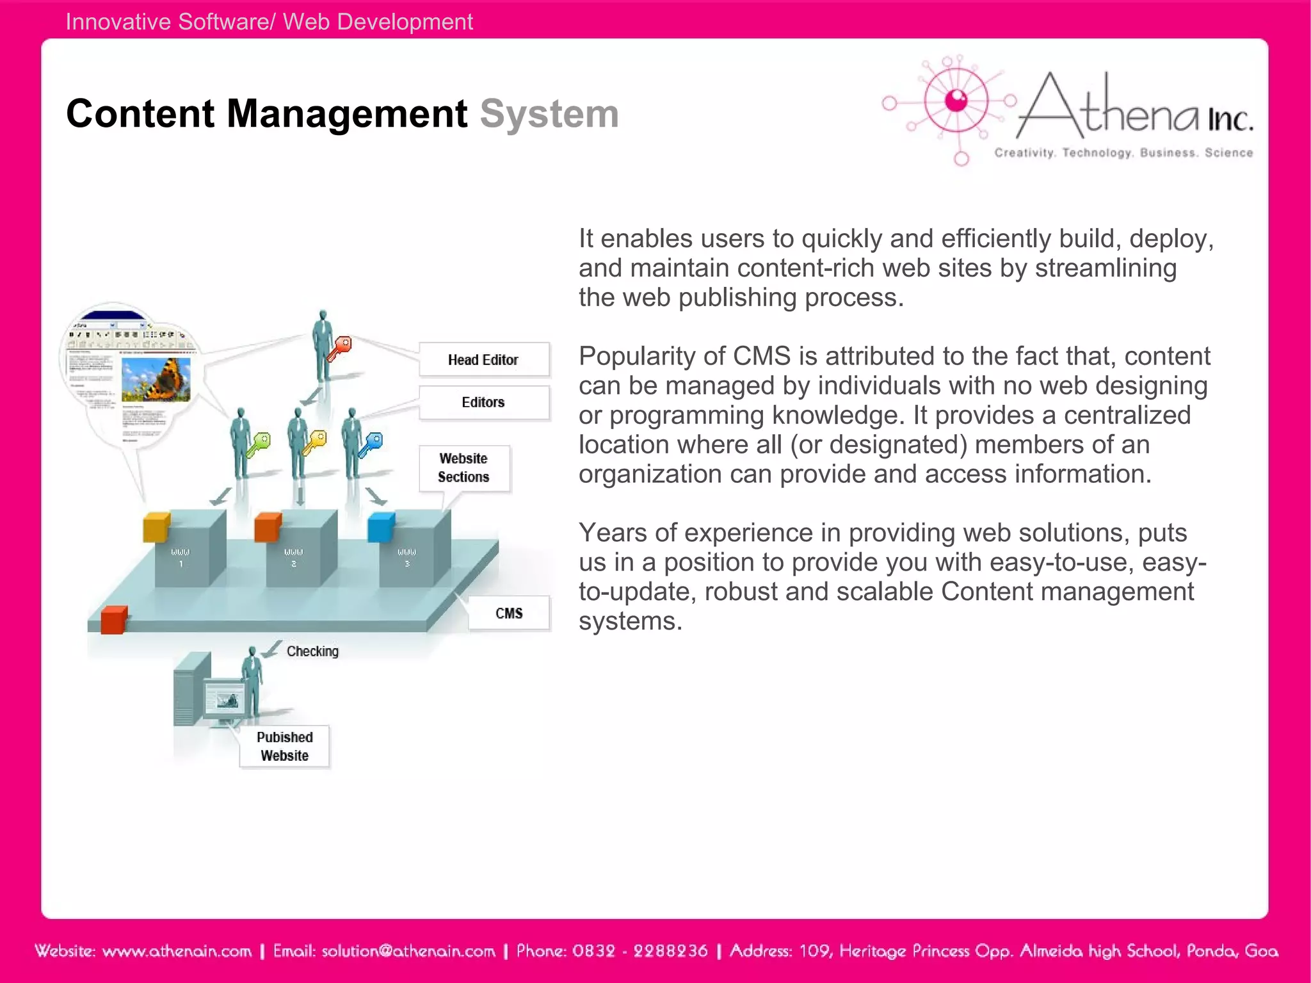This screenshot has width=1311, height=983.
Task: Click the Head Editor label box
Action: click(483, 360)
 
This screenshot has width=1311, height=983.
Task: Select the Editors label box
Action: click(483, 402)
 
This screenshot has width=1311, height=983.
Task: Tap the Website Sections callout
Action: click(464, 468)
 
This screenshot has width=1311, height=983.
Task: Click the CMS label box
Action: click(509, 613)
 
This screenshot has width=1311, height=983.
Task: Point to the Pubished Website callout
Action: click(285, 747)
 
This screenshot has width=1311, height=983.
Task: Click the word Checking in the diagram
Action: click(312, 651)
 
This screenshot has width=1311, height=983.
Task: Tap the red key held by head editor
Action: click(340, 348)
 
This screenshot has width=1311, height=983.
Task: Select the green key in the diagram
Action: click(259, 444)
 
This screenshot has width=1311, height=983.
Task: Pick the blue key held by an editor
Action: click(371, 444)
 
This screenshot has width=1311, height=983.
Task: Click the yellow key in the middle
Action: click(315, 442)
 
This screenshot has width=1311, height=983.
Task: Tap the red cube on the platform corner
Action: click(114, 620)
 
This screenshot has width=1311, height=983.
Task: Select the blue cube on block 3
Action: click(381, 527)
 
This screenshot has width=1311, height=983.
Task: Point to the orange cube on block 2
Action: click(268, 527)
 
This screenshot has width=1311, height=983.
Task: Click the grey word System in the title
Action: click(549, 114)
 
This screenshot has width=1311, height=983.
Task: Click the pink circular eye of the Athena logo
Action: click(956, 101)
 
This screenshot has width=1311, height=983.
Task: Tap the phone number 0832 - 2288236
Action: click(640, 951)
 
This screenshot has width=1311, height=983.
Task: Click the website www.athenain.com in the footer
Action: click(177, 951)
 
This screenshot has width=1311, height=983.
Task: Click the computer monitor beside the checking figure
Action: click(223, 700)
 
